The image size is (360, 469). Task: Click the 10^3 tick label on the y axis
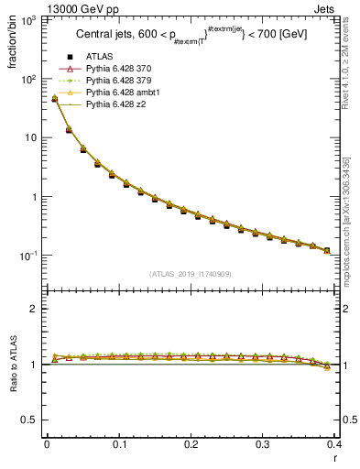tap(28, 20)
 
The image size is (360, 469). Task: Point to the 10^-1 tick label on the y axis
tap(28, 256)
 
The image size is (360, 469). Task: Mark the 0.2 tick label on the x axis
tap(191, 445)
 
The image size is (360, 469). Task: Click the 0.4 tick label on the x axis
tap(335, 445)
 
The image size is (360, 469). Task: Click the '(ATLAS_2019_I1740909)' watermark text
tap(191, 274)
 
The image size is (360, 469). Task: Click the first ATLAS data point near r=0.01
tap(54, 99)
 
